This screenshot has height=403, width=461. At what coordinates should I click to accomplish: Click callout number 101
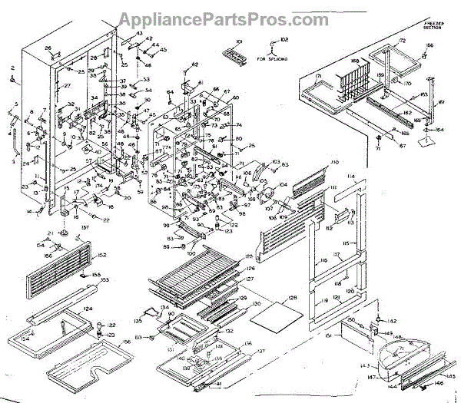click(x=239, y=40)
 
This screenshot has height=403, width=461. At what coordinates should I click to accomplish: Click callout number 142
click(x=391, y=320)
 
